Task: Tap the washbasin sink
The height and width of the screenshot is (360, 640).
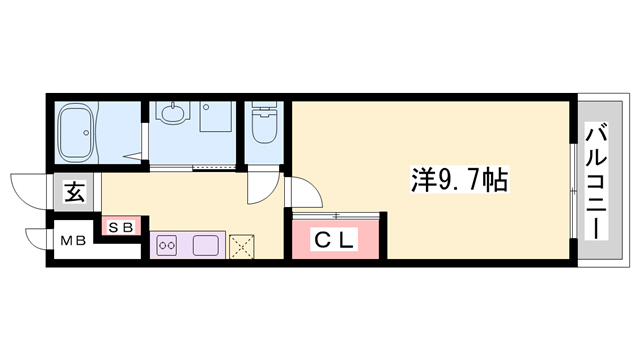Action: pos(172,115)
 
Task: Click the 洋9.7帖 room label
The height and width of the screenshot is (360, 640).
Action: pos(459,181)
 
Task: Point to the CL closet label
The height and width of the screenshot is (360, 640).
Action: pos(335,240)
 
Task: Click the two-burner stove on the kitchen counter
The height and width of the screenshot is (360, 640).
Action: pos(167,243)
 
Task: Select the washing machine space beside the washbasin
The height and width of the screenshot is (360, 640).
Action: pos(216,120)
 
